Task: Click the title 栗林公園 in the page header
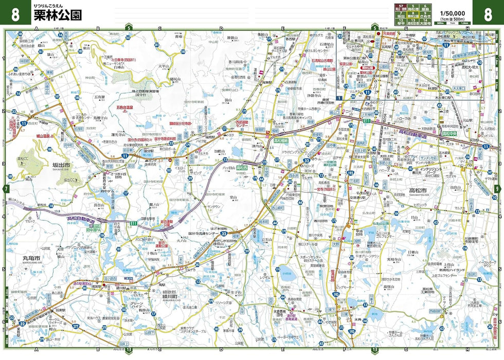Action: (x=57, y=15)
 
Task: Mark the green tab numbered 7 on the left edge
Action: (x=6, y=189)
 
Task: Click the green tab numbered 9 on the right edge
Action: (x=497, y=189)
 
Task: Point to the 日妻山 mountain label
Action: (x=412, y=252)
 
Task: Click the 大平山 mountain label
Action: (x=164, y=66)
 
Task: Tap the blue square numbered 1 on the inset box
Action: (x=339, y=97)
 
